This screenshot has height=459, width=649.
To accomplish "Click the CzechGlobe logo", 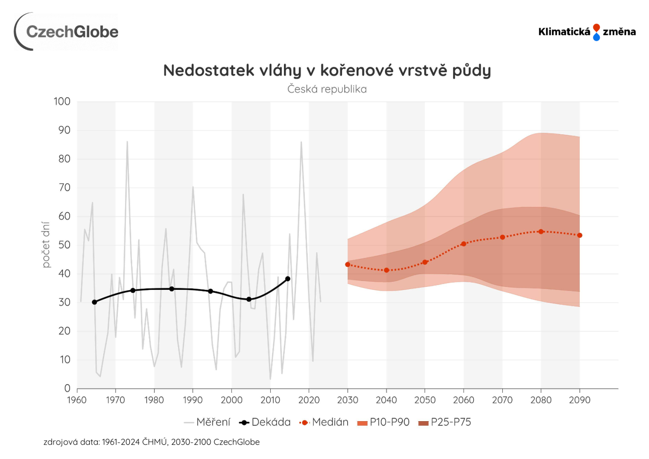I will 67,32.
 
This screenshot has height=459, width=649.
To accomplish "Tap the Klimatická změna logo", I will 587,32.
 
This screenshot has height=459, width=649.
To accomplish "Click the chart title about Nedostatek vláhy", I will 327,71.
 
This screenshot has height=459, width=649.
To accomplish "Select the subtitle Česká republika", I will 327,89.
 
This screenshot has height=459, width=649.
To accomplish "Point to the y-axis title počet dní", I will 46,245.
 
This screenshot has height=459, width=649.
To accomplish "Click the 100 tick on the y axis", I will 62,102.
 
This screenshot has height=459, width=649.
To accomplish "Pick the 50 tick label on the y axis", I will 64,245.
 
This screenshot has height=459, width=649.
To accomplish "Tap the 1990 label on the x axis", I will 193,400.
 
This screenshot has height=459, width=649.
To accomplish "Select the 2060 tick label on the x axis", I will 463,400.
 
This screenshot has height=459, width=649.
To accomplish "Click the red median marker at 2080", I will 541,232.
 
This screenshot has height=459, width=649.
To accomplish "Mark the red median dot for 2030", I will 348,264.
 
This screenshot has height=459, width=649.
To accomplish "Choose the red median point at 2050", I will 425,262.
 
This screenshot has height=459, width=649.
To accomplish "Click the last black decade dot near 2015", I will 288,279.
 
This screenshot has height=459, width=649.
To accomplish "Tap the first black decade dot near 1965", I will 94,302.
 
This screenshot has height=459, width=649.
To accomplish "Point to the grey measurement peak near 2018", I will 301,142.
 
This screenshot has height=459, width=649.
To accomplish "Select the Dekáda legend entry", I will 265,422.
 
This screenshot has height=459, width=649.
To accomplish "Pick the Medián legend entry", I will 324,422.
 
